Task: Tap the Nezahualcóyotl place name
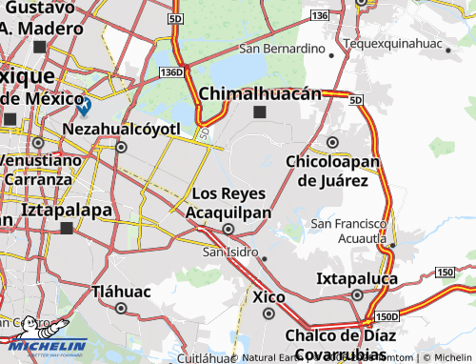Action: (121, 127)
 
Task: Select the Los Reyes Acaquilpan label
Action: (228, 202)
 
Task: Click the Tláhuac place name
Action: (121, 291)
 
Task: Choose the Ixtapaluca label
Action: (358, 279)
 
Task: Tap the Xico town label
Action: (269, 297)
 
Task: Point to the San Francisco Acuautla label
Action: (349, 230)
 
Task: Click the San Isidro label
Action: (231, 252)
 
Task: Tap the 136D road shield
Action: (171, 71)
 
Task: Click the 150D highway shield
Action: (386, 317)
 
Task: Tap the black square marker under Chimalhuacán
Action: (261, 112)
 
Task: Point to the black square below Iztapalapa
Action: (67, 229)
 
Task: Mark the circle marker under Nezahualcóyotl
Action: (121, 147)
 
